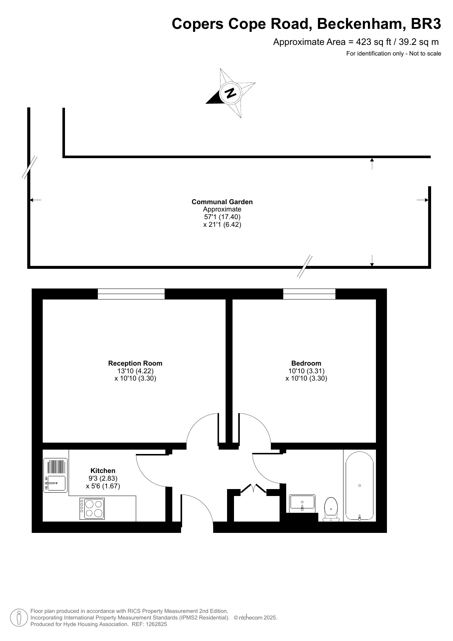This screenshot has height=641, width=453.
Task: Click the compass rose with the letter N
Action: [231, 93]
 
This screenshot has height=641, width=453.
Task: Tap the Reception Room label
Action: [135, 363]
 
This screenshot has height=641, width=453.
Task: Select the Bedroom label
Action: [306, 363]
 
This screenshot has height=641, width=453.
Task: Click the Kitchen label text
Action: [103, 471]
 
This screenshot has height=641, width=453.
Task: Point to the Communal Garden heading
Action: [222, 202]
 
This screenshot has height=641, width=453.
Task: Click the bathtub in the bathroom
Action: [360, 486]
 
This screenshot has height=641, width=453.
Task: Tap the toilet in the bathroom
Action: [331, 509]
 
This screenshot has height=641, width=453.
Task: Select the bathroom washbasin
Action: [302, 503]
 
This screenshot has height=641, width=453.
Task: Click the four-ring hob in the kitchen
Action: [92, 509]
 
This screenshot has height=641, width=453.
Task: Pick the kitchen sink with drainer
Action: [55, 475]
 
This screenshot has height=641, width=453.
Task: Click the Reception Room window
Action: [131, 294]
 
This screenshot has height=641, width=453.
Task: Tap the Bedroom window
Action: [309, 294]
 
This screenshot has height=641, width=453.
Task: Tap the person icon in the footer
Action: [19, 618]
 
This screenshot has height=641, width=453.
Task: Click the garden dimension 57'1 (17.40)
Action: [222, 217]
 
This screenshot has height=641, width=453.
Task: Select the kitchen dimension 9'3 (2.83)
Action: [103, 478]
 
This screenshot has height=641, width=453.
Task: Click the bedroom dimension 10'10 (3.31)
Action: [306, 371]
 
